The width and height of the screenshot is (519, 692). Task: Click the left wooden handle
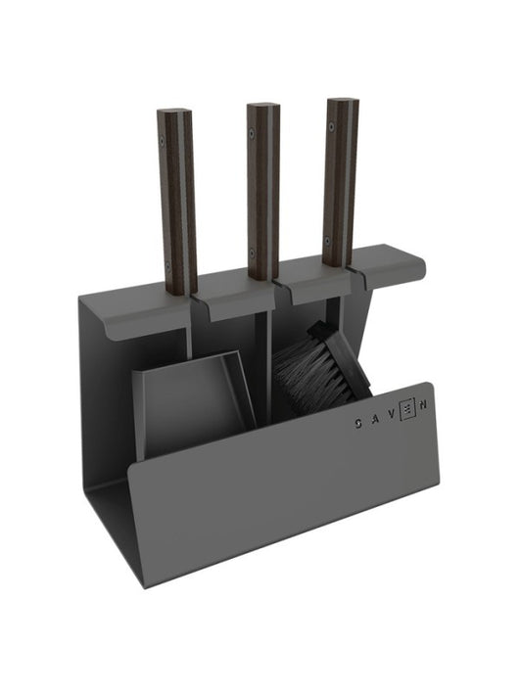(176, 196)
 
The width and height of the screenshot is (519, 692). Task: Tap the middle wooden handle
(261, 186)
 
